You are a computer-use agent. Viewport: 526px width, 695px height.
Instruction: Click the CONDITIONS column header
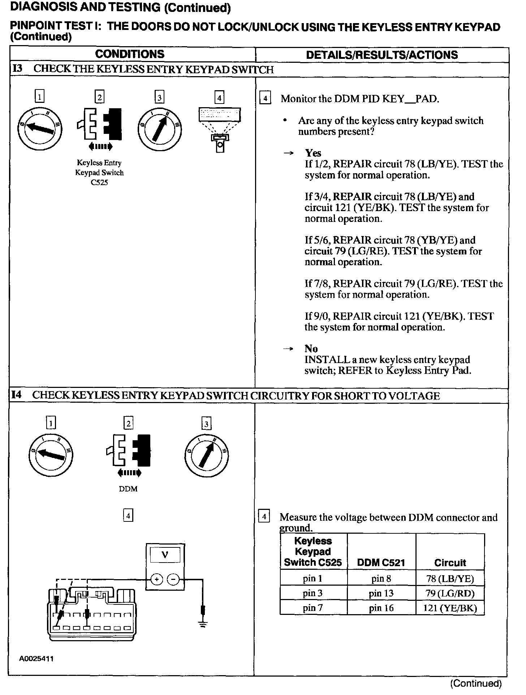tap(130, 54)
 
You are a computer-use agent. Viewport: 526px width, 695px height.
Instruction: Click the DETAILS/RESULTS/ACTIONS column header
tap(381, 55)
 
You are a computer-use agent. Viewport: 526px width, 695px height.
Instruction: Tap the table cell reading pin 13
tap(381, 593)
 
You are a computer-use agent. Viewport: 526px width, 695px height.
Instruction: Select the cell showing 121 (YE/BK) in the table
tap(450, 608)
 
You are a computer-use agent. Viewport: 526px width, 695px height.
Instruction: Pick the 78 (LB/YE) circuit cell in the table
tap(450, 579)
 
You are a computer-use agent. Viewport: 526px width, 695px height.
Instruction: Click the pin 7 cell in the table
tap(313, 608)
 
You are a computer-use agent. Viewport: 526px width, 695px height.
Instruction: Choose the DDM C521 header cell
tap(381, 562)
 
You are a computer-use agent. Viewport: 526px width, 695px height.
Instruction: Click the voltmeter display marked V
tap(165, 555)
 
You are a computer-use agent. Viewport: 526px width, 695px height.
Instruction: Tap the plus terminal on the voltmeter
tap(156, 580)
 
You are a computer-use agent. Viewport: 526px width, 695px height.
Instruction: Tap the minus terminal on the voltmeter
tap(174, 580)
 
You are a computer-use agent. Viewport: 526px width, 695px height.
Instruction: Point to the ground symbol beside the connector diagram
tap(203, 624)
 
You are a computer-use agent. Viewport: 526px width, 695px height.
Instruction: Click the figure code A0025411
tap(36, 659)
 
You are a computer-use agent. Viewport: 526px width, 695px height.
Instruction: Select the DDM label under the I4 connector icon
tap(128, 489)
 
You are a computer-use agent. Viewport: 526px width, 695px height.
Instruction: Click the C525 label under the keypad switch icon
tap(99, 183)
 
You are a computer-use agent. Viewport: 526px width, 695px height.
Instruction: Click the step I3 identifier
tap(17, 69)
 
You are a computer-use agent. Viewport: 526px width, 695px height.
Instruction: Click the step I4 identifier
tap(17, 395)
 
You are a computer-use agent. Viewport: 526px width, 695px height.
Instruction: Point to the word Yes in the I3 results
tap(313, 153)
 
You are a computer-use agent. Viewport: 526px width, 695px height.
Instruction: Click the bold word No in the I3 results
tap(311, 349)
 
